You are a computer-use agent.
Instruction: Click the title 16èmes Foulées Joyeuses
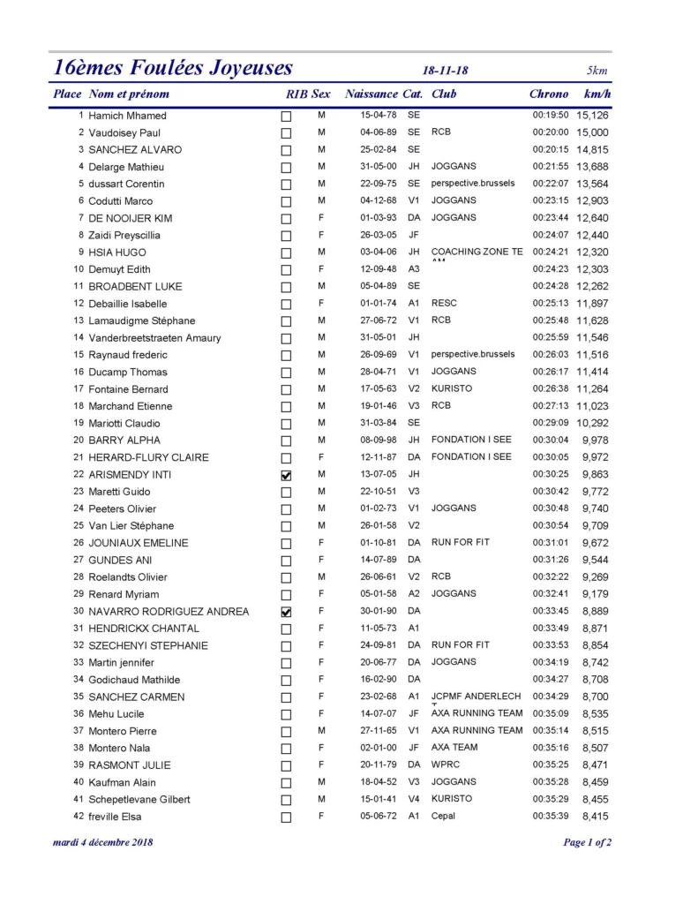click(173, 69)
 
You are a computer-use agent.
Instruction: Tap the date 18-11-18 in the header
click(446, 72)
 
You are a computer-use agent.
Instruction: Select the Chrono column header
click(549, 94)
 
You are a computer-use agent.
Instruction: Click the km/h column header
click(597, 94)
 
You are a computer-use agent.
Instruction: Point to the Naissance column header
click(372, 94)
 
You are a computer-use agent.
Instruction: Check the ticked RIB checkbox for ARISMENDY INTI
click(286, 475)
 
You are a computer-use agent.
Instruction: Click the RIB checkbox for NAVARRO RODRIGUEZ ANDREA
click(286, 612)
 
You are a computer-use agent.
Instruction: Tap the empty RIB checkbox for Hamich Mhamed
click(286, 117)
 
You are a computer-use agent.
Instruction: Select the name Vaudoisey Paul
click(124, 132)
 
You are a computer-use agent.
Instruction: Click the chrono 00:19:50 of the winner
click(551, 116)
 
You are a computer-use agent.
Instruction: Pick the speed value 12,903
click(592, 201)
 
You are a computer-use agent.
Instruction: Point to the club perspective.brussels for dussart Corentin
click(473, 184)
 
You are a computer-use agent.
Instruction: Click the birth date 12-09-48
click(378, 269)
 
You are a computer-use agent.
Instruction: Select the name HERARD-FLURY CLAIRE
click(148, 457)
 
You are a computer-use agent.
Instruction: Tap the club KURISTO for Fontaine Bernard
click(452, 388)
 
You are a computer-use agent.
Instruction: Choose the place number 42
click(79, 816)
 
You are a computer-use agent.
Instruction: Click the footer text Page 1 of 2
click(587, 842)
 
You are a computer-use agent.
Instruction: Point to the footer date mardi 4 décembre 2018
click(103, 842)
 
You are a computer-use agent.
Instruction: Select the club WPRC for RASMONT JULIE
click(445, 765)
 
